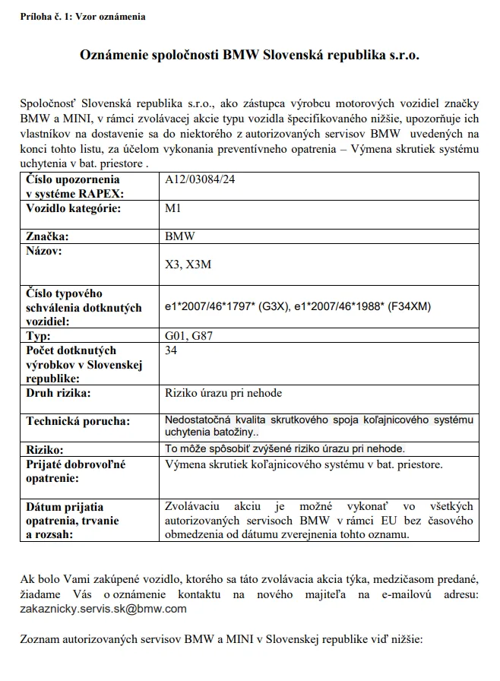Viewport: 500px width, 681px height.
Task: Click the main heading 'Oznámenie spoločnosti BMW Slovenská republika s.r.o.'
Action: coord(249,55)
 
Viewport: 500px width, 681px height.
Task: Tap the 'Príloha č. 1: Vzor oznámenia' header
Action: coord(83,16)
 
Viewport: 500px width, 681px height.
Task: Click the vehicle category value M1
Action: coord(173,207)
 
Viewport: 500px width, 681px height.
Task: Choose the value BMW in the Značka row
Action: coord(179,236)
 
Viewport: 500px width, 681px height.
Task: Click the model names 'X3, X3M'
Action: coord(190,265)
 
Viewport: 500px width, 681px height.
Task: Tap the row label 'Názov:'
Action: coord(46,250)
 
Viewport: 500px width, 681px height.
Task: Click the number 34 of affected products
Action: coord(172,350)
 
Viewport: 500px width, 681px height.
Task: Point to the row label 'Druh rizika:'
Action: coord(59,393)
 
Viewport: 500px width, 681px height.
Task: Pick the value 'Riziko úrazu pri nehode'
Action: coord(223,393)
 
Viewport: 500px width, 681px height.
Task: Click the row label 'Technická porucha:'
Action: coord(78,421)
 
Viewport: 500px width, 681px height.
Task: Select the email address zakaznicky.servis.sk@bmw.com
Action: coord(103,609)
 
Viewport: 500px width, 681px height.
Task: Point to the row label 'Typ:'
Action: coord(38,335)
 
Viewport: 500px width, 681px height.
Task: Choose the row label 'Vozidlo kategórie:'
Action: coord(74,207)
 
